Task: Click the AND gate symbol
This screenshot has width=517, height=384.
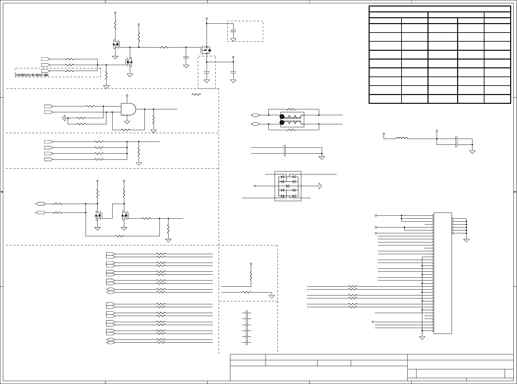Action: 128,109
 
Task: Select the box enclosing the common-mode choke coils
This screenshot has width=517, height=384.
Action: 292,119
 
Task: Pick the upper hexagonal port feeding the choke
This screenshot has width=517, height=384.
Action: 255,115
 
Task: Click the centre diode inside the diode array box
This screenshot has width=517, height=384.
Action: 288,186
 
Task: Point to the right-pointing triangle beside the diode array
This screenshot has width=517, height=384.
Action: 320,186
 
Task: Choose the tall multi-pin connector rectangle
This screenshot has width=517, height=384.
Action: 442,273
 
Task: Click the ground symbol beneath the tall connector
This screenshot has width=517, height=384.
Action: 422,337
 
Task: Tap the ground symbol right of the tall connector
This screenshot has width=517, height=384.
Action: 466,240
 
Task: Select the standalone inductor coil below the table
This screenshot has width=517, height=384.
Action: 401,139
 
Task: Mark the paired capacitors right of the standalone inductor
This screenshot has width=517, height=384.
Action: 456,142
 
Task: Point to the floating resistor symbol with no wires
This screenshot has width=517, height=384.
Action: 197,94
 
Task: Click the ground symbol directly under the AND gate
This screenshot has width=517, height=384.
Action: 127,122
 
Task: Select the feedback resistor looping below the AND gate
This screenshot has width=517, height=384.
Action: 126,130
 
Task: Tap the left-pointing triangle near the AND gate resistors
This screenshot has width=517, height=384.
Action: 64,118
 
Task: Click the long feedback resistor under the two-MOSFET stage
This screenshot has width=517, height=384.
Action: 120,236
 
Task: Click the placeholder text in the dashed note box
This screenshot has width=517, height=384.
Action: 32,75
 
